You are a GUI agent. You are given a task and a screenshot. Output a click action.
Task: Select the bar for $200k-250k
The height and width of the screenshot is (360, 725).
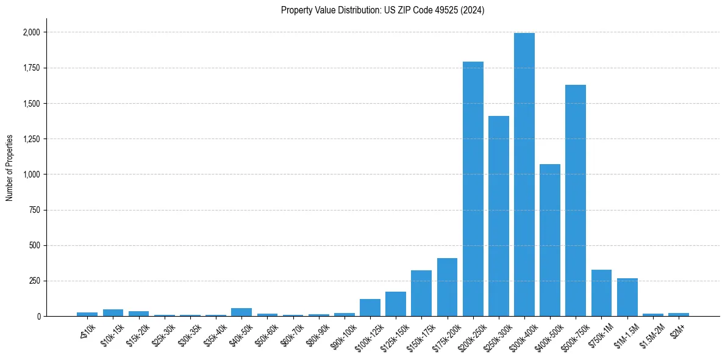tap(473, 189)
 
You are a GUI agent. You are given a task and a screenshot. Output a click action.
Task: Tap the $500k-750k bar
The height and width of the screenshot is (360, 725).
tap(575, 201)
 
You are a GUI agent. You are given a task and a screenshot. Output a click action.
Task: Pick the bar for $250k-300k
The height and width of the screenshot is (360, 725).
tap(498, 216)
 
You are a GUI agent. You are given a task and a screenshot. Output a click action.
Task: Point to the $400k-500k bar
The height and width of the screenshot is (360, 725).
tap(549, 240)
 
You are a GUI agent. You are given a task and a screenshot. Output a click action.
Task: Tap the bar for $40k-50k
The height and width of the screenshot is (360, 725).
tap(241, 312)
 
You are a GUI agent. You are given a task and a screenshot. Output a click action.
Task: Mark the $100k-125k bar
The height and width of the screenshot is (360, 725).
tap(370, 308)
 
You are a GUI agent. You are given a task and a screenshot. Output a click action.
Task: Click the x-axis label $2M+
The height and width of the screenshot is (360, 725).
tap(677, 330)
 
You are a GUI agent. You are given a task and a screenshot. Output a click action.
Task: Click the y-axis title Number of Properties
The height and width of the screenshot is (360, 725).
tap(10, 168)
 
